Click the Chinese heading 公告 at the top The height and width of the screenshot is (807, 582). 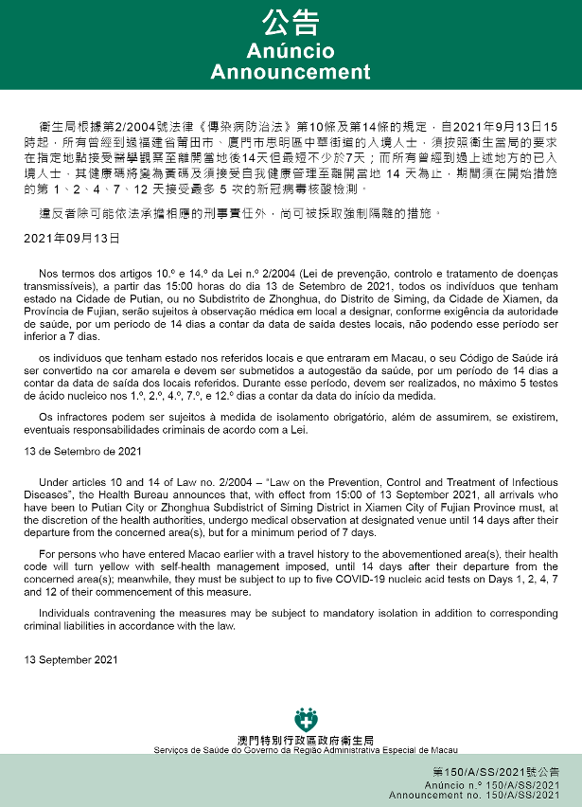pos(290,24)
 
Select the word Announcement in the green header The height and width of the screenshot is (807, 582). pos(290,72)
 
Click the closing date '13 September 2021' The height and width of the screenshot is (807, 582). pos(71,657)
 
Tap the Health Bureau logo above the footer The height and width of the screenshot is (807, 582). pos(305,719)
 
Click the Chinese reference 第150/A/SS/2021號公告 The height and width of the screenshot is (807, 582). pos(508,774)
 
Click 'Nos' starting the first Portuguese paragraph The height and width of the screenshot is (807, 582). pos(51,272)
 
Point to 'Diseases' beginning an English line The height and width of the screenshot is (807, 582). pos(46,494)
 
